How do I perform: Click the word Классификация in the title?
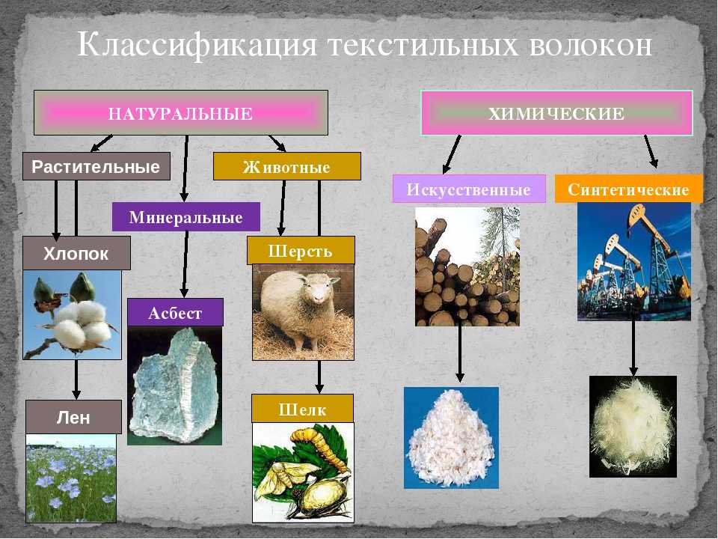197,46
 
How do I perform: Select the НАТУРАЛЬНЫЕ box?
181,113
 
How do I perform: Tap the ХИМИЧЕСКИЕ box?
556,113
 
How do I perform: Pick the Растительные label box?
96,166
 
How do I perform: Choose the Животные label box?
287,166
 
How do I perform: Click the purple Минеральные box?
186,217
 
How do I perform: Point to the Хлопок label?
76,253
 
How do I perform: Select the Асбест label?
175,313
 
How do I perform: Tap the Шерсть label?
301,250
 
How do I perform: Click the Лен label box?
73,417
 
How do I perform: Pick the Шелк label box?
302,409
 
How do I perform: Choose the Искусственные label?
469,189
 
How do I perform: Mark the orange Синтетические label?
629,189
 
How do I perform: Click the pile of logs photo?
467,267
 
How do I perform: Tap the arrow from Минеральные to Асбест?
185,264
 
